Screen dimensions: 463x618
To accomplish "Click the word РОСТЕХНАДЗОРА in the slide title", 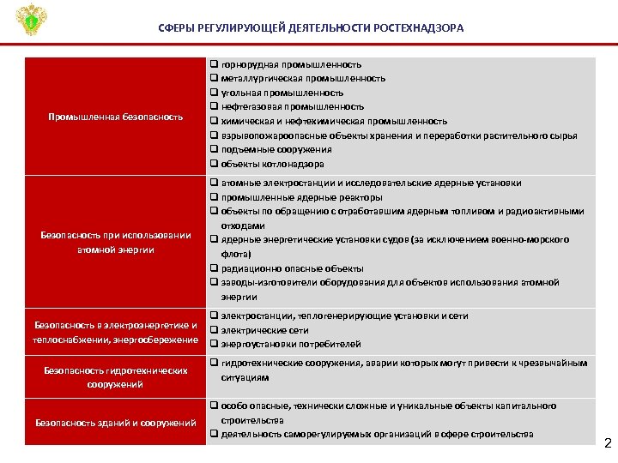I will [x=418, y=28].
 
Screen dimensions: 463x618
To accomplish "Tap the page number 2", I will [x=608, y=443].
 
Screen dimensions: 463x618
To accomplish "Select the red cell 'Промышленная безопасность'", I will [x=116, y=117].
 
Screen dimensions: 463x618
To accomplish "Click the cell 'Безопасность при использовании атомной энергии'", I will [x=116, y=242].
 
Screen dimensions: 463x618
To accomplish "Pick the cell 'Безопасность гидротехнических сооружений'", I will [x=116, y=377].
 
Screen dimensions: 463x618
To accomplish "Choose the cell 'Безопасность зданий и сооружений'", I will [x=116, y=422].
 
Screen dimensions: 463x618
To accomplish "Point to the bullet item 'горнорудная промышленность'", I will [x=291, y=64].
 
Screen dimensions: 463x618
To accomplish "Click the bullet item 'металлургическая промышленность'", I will [x=303, y=78].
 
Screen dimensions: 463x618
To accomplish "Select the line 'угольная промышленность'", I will [x=282, y=93].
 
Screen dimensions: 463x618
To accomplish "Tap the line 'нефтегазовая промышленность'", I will [x=293, y=106].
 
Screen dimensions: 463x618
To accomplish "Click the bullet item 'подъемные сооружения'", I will [x=276, y=149].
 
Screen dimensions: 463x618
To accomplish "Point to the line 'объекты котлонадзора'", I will [x=273, y=164].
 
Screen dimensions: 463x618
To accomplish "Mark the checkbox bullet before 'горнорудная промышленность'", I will [x=214, y=64].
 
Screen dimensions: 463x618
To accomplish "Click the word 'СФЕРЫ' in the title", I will [x=177, y=28].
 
